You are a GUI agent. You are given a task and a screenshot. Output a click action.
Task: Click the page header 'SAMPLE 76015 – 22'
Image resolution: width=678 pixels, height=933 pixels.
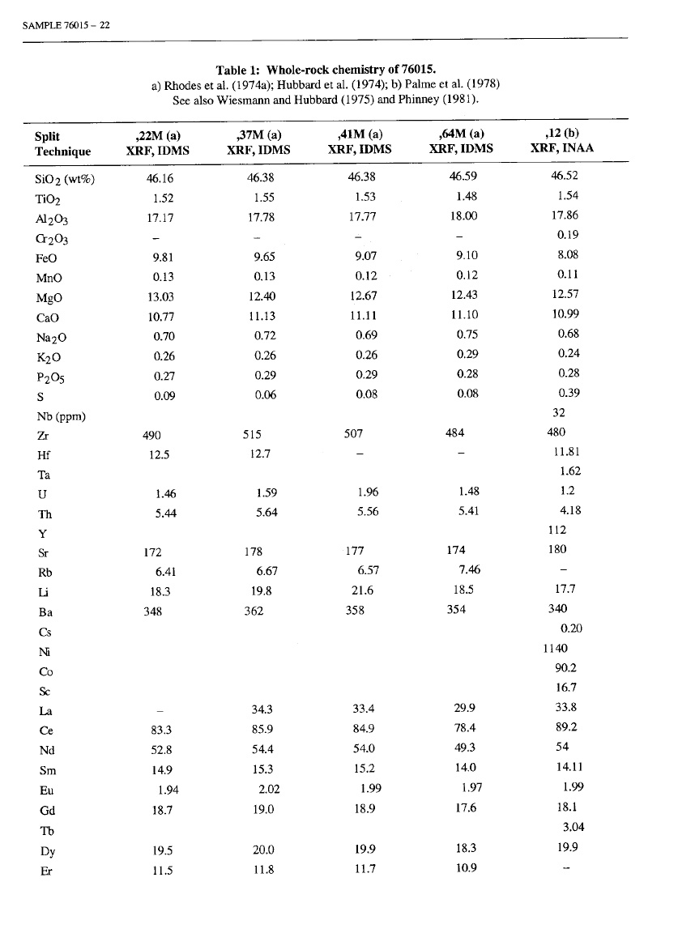point(62,24)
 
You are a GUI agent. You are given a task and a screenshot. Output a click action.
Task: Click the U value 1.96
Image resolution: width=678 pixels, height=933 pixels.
point(367,492)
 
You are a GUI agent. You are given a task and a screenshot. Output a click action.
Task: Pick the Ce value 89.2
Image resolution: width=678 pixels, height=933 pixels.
point(568,728)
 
